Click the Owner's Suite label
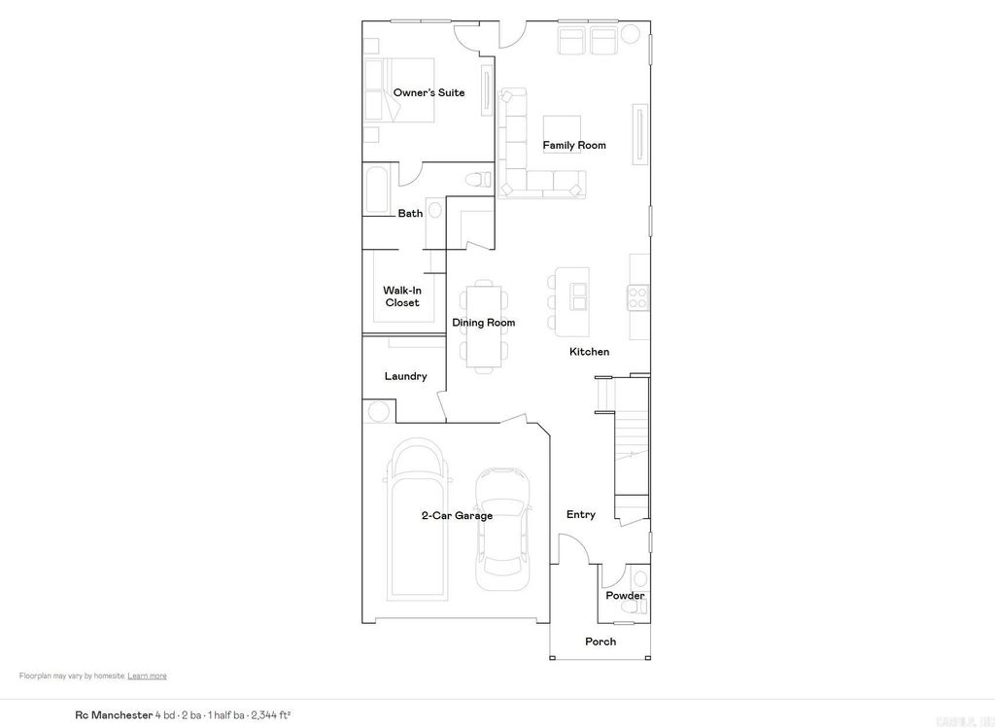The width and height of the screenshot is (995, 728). [429, 93]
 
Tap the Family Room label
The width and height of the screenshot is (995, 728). [573, 146]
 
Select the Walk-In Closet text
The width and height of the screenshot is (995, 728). [401, 296]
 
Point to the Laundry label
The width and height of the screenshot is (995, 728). [405, 377]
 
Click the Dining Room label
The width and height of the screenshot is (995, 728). [483, 323]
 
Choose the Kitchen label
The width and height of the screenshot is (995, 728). [589, 352]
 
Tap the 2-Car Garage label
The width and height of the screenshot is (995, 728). [456, 516]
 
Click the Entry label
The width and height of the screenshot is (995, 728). [580, 515]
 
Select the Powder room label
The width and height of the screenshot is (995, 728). [625, 596]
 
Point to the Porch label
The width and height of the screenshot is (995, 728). [600, 641]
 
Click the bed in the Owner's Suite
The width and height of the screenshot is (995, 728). [398, 89]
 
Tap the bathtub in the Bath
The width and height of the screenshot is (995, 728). [376, 190]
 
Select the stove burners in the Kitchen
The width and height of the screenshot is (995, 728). [638, 296]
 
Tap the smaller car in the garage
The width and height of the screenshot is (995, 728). [503, 530]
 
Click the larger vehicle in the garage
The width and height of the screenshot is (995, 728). [418, 520]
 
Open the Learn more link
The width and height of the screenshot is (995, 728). [147, 676]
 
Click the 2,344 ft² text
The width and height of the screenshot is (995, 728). [271, 715]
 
